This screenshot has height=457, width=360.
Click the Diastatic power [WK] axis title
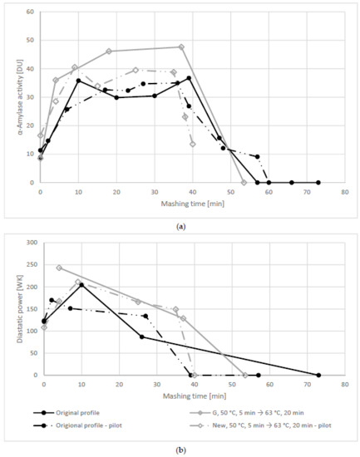(x=13, y=308)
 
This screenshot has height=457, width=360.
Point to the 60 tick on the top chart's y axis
(x=31, y=12)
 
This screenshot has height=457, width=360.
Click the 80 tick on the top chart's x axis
(x=344, y=191)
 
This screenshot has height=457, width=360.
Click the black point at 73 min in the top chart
(x=318, y=182)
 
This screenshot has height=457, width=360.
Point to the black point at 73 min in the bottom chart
(x=318, y=375)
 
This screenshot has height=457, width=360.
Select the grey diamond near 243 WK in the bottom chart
(x=59, y=268)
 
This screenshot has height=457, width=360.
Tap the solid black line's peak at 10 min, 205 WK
(x=81, y=284)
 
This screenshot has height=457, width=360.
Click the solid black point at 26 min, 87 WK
(x=141, y=337)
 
